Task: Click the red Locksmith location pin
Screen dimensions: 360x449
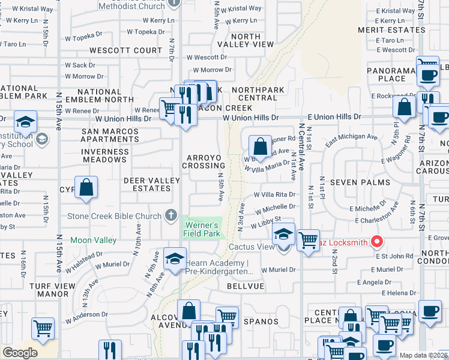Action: click(377, 242)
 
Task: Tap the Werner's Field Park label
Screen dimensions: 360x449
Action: click(201, 230)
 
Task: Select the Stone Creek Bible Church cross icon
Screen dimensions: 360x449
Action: click(171, 215)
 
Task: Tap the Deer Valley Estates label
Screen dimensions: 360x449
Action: click(151, 185)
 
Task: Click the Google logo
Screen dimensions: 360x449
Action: click(20, 353)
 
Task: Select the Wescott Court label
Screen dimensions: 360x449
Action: click(126, 50)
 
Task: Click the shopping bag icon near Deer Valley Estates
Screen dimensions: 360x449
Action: click(87, 187)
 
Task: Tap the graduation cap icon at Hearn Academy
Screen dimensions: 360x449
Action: click(175, 259)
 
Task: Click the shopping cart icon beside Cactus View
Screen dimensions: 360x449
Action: click(309, 240)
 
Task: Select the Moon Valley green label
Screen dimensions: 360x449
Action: click(93, 240)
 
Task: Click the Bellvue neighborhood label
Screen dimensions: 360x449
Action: click(245, 287)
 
